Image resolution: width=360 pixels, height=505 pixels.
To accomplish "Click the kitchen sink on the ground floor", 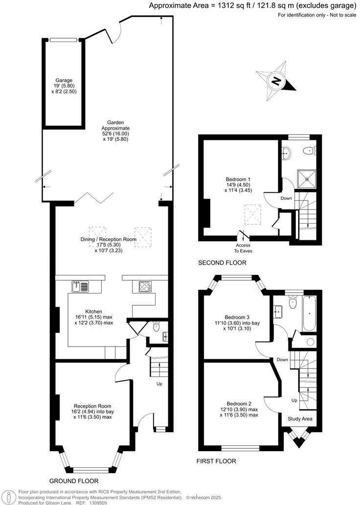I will coord(80,286).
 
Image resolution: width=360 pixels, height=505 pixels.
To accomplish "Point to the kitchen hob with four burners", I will coord(145,287).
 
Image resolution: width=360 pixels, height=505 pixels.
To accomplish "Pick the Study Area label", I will coord(300,419).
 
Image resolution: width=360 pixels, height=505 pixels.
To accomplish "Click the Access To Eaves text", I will coord(243,248).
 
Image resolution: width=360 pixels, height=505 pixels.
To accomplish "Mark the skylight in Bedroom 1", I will coord(253,213).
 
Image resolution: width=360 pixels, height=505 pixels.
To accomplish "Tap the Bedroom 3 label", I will coord(236,316).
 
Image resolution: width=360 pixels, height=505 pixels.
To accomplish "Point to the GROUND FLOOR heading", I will coord(74,481).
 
